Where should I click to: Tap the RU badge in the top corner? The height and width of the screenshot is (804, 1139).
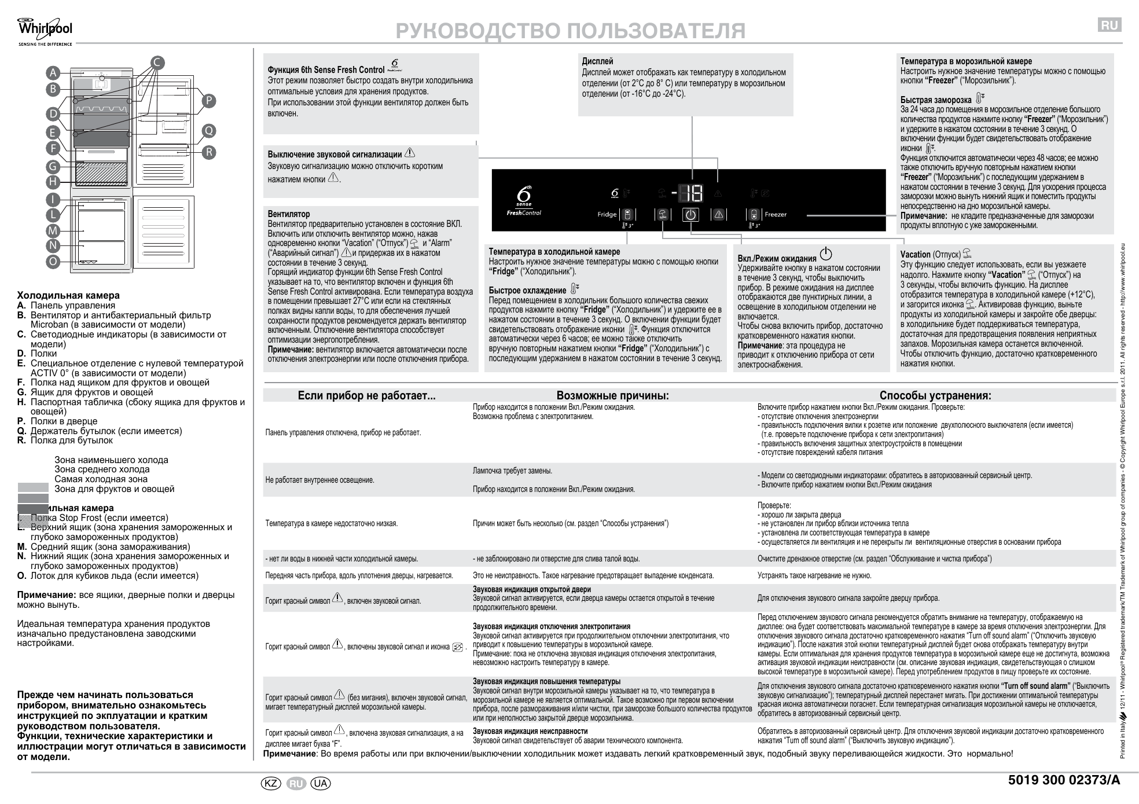pyautogui.click(x=1109, y=25)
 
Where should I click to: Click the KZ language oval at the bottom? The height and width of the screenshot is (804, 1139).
pyautogui.click(x=271, y=783)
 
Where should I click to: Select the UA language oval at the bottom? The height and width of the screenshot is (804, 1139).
pyautogui.click(x=321, y=783)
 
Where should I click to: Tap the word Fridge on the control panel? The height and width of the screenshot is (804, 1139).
pyautogui.click(x=607, y=215)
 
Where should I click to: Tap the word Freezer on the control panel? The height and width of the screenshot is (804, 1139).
pyautogui.click(x=776, y=215)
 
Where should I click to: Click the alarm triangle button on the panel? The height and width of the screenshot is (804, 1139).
pyautogui.click(x=718, y=215)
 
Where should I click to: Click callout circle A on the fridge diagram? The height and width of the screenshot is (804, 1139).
pyautogui.click(x=53, y=73)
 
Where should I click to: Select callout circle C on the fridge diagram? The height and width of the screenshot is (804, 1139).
pyautogui.click(x=157, y=63)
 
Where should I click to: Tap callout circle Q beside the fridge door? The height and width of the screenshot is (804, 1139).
pyautogui.click(x=208, y=131)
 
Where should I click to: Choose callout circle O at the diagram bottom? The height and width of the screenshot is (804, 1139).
pyautogui.click(x=53, y=262)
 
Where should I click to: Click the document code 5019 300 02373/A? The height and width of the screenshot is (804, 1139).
pyautogui.click(x=1064, y=780)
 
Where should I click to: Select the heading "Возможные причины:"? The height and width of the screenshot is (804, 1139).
pyautogui.click(x=612, y=396)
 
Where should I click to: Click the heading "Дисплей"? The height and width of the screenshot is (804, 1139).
pyautogui.click(x=597, y=61)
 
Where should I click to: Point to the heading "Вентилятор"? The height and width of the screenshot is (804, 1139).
pyautogui.click(x=289, y=214)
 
